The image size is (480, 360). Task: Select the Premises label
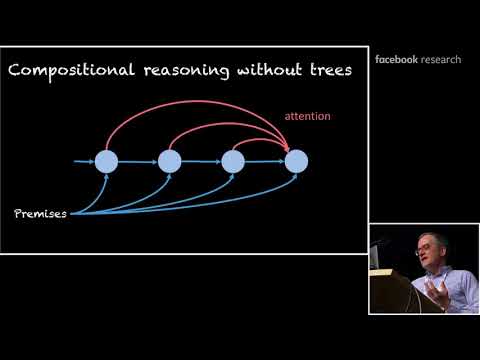(x=40, y=213)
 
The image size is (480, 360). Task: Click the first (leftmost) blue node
(x=106, y=160)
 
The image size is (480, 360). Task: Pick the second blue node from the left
(x=170, y=160)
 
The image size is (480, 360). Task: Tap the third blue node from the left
(x=233, y=160)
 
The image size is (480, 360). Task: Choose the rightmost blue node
(x=296, y=160)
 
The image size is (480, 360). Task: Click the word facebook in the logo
(x=396, y=59)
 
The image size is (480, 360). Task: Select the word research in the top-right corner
(x=441, y=59)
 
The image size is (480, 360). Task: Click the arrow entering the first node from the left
(x=84, y=160)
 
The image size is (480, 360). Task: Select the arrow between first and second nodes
(x=138, y=160)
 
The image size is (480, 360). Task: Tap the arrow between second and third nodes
(x=201, y=160)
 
